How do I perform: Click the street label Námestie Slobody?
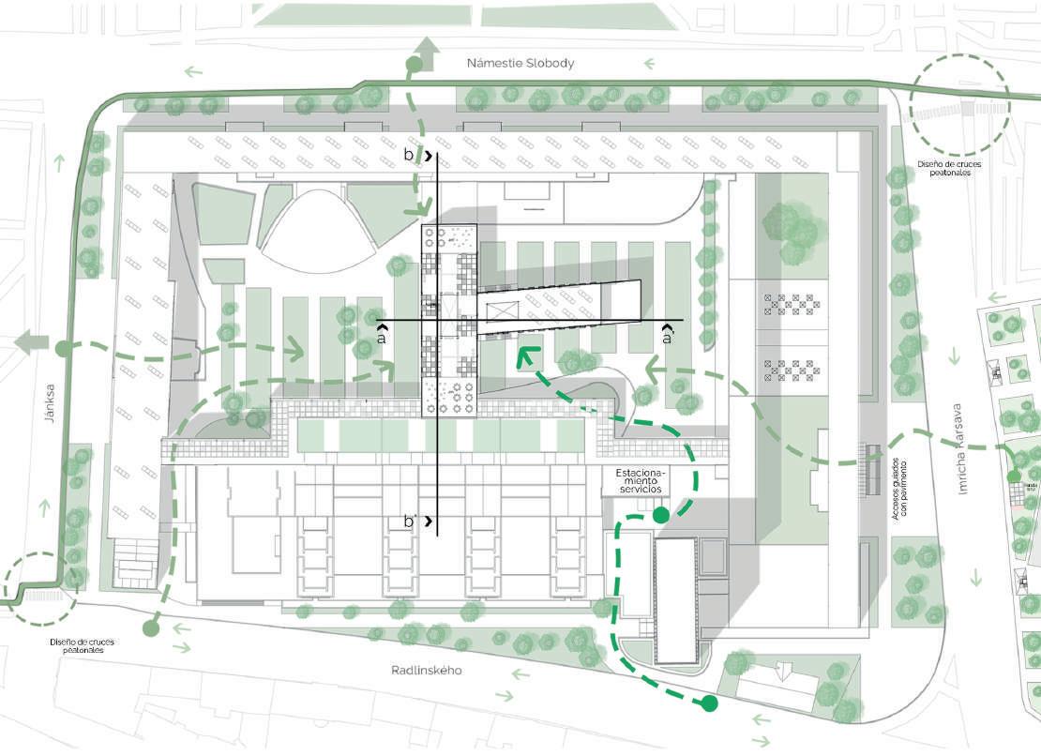point(520,63)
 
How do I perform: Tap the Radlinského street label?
point(427,671)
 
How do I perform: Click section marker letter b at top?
point(410,156)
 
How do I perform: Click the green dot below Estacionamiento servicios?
point(660,515)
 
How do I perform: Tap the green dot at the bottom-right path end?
point(710,703)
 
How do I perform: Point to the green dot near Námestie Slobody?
point(413,65)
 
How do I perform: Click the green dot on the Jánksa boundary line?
point(62,349)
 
